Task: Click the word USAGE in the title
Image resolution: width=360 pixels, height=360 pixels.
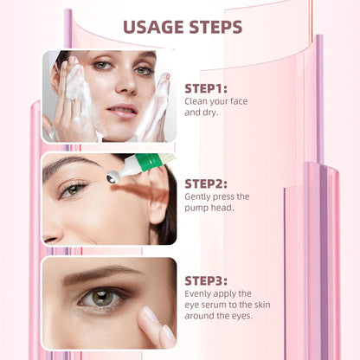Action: [x=154, y=27]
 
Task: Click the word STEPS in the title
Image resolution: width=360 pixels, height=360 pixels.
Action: [x=216, y=27]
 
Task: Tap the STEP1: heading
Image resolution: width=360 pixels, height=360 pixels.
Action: [x=206, y=88]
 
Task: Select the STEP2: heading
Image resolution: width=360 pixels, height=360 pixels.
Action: [x=206, y=184]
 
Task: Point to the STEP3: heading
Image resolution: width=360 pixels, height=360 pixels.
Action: [x=206, y=281]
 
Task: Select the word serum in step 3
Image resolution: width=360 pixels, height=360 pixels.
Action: [x=213, y=305]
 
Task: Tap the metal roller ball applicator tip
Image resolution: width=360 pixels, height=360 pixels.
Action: [x=112, y=177]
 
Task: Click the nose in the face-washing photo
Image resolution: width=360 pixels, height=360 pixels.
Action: [x=126, y=81]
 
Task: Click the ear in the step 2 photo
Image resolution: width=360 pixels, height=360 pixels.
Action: [x=158, y=199]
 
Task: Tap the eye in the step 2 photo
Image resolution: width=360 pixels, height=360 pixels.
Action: [x=73, y=190]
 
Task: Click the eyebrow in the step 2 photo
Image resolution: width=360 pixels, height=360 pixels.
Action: [x=69, y=164]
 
